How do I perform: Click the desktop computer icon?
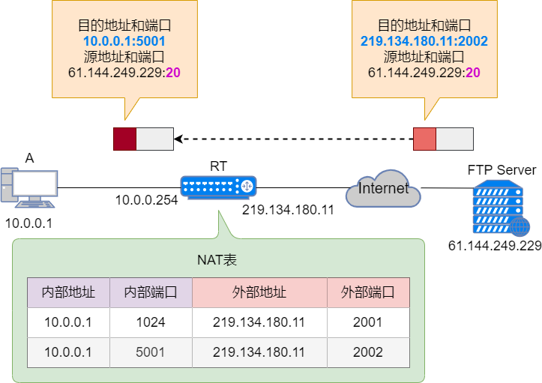click(x=30, y=187)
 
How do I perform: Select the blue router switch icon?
click(x=218, y=187)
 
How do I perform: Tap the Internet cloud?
click(x=383, y=190)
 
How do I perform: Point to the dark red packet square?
click(x=124, y=139)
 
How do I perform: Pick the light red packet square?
click(x=424, y=139)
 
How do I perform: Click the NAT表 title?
click(x=217, y=260)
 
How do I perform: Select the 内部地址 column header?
click(x=68, y=292)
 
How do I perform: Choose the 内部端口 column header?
click(x=151, y=292)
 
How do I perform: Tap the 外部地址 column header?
click(x=259, y=292)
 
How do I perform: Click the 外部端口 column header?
click(x=368, y=292)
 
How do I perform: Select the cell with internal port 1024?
click(x=151, y=322)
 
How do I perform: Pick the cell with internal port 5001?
click(x=151, y=352)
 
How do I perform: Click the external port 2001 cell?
click(x=368, y=322)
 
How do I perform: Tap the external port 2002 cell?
click(x=368, y=352)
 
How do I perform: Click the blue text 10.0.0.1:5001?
click(x=124, y=40)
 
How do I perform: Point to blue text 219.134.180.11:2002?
click(x=424, y=40)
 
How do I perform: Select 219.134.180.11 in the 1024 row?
click(x=259, y=322)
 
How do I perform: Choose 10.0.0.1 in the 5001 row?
click(x=68, y=352)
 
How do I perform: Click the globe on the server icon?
click(x=519, y=226)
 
